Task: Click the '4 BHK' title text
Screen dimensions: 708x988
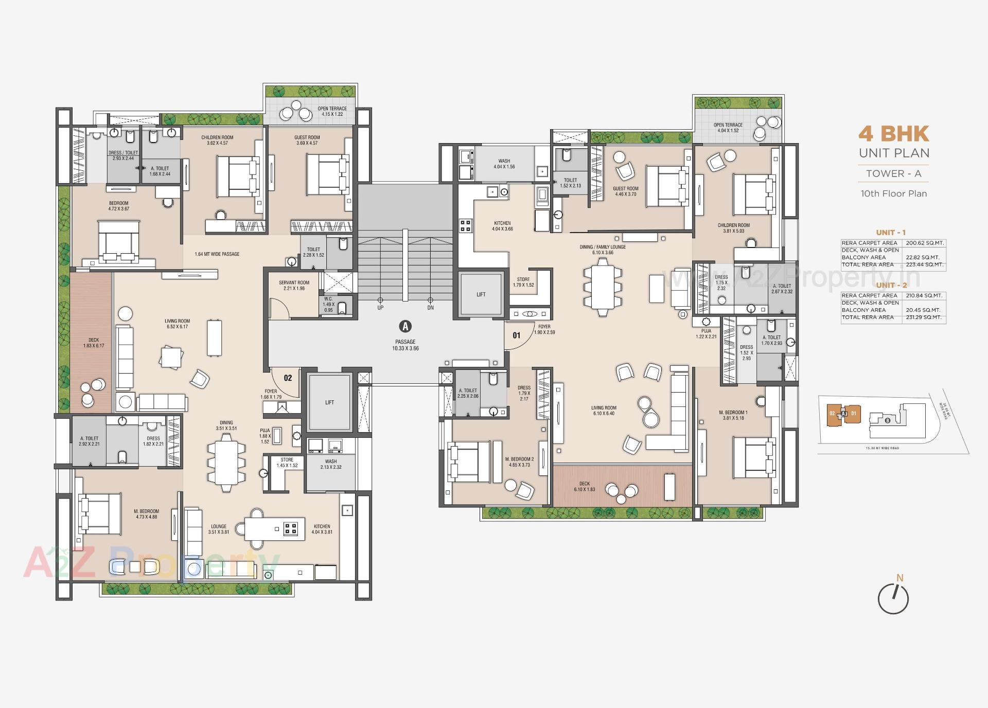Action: (x=893, y=134)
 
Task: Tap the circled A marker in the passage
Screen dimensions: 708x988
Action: (x=405, y=326)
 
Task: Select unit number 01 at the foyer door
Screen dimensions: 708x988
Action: (x=517, y=335)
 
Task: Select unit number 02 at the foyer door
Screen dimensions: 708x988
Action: (x=288, y=378)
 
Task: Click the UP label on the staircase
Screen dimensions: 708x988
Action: (x=380, y=308)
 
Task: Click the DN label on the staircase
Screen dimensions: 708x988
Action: (x=430, y=308)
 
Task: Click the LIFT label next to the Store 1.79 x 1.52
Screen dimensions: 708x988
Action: (x=481, y=295)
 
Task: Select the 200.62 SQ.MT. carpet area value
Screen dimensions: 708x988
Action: (x=924, y=243)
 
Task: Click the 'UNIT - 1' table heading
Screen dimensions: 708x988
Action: (x=891, y=233)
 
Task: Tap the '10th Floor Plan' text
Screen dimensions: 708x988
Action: (x=893, y=194)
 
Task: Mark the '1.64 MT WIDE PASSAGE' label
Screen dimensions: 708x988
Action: (x=217, y=254)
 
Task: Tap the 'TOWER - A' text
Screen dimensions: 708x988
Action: (x=893, y=174)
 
